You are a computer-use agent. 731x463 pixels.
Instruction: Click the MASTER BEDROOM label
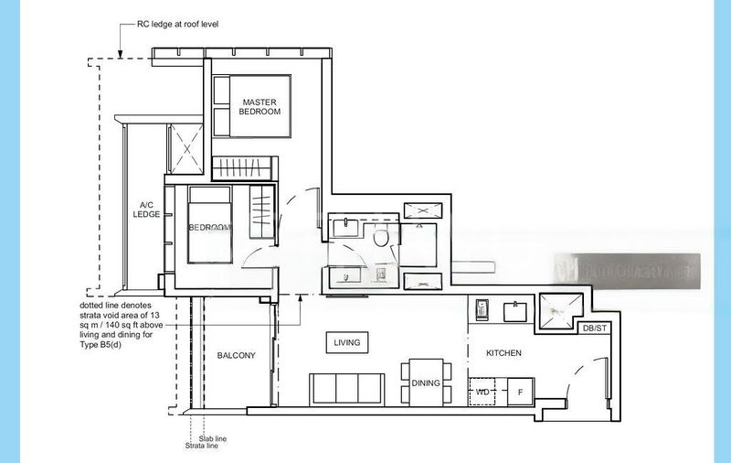click(x=260, y=106)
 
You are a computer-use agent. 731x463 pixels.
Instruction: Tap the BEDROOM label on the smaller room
click(x=210, y=227)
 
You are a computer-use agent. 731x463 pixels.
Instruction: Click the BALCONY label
click(x=237, y=355)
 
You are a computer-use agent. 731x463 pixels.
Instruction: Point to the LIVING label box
click(x=347, y=343)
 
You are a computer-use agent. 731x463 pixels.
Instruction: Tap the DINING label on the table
click(x=426, y=383)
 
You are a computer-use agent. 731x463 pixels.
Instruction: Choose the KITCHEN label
click(x=503, y=352)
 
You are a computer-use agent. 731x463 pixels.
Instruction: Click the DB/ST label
click(x=593, y=328)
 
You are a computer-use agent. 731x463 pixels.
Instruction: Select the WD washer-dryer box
click(x=482, y=393)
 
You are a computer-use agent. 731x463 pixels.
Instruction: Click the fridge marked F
click(x=520, y=393)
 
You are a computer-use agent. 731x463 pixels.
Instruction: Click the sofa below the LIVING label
click(x=346, y=388)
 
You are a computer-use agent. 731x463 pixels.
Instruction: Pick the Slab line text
click(x=212, y=439)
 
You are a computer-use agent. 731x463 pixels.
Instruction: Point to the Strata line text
click(x=202, y=447)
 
